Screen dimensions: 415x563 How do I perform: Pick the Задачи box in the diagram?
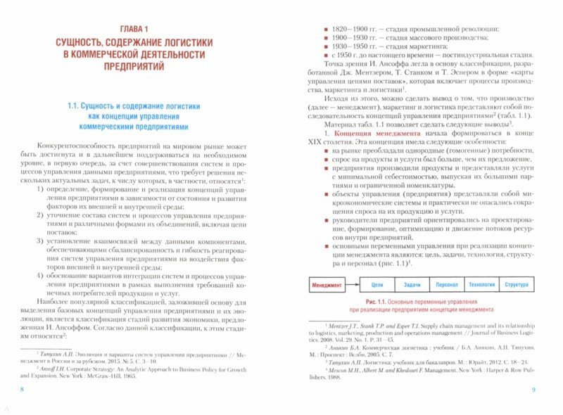click(x=412, y=286)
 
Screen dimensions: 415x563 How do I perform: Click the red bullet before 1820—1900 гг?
click(x=318, y=28)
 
